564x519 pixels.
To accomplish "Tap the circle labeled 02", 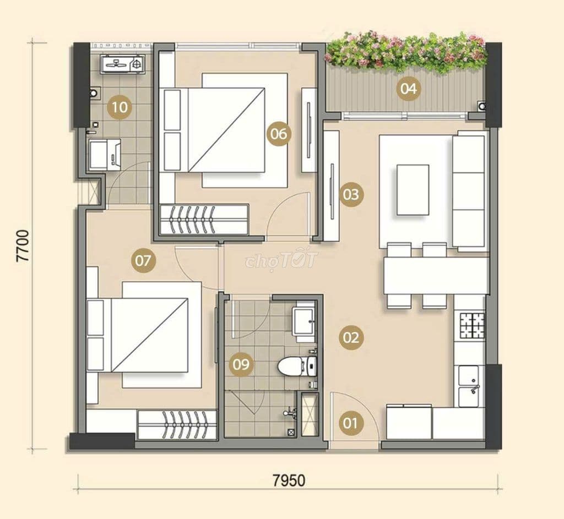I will pos(351,337).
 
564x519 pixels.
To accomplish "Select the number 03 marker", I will pos(351,194).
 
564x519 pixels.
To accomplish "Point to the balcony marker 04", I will pos(408,88).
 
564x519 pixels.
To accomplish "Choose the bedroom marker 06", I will pos(278,133).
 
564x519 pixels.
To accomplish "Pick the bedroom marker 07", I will pos(143,260).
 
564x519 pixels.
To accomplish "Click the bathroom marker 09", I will pos(241,364).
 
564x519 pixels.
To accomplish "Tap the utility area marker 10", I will pos(119,107).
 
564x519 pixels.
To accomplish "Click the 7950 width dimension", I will pos(288,480).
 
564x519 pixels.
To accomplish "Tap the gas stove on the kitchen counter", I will pos(473,325).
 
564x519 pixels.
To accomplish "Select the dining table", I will pos(435,275).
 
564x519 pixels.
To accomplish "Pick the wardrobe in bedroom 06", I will pos(204,219).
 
